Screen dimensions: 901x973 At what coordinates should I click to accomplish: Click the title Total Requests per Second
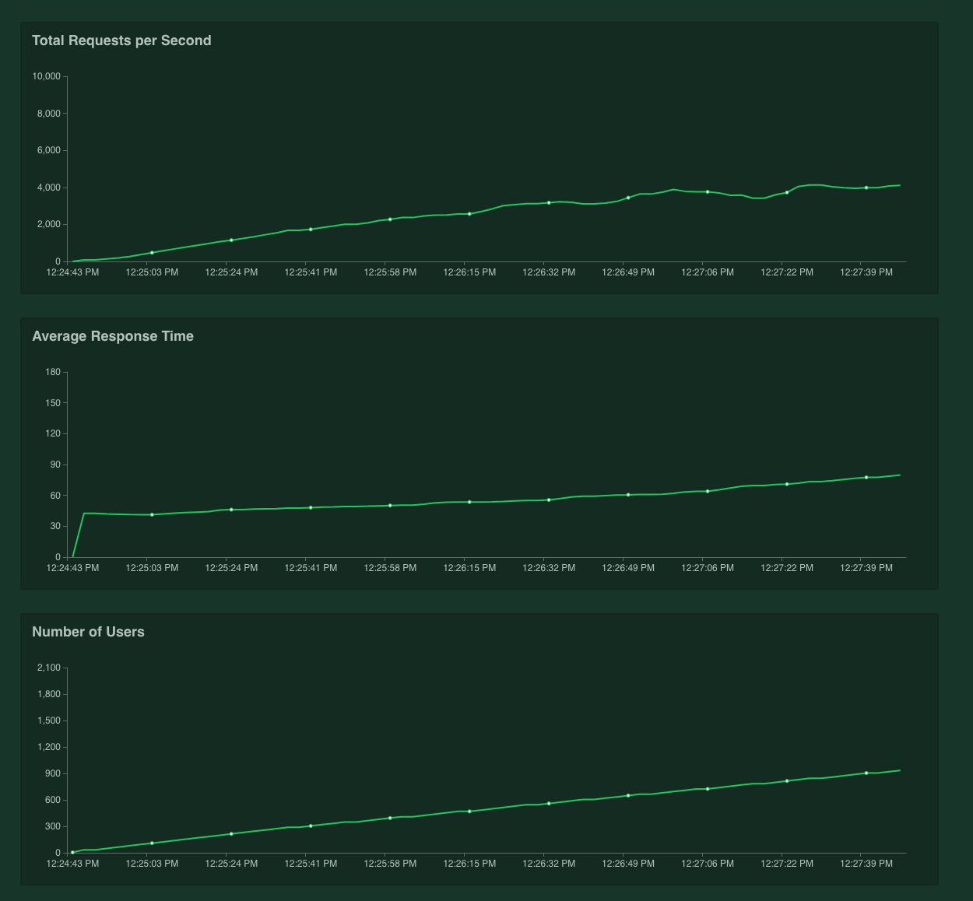coord(121,40)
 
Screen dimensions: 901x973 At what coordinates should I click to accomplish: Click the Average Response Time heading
coord(113,336)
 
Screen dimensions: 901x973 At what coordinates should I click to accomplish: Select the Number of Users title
coord(88,632)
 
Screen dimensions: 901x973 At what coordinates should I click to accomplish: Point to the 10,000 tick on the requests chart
coord(46,76)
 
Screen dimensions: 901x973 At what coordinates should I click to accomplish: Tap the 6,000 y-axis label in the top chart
coord(48,150)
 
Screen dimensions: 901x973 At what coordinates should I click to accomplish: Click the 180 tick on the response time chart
coord(53,372)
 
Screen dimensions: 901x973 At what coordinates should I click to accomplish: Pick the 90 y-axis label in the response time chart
coord(54,465)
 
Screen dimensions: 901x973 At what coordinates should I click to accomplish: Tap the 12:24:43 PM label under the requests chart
coord(72,272)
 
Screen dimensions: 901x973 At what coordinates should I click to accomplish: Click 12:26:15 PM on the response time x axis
coord(469,568)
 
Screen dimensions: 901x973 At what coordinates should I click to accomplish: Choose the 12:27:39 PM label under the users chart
coord(866,864)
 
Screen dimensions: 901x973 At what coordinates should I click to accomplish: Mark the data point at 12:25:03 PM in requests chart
coord(152,253)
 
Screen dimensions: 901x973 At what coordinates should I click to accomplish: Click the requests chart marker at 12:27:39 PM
coord(866,188)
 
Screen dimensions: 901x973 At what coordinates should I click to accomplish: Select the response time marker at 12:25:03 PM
coord(152,514)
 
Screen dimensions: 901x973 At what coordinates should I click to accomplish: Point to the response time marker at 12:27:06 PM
coord(708,491)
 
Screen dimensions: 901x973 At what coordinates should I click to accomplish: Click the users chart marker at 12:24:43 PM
coord(72,853)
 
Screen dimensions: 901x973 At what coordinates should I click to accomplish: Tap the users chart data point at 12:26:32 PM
coord(549,804)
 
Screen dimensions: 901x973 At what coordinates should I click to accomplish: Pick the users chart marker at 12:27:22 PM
coord(787,781)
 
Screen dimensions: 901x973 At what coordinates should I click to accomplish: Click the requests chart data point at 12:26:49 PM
coord(628,198)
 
